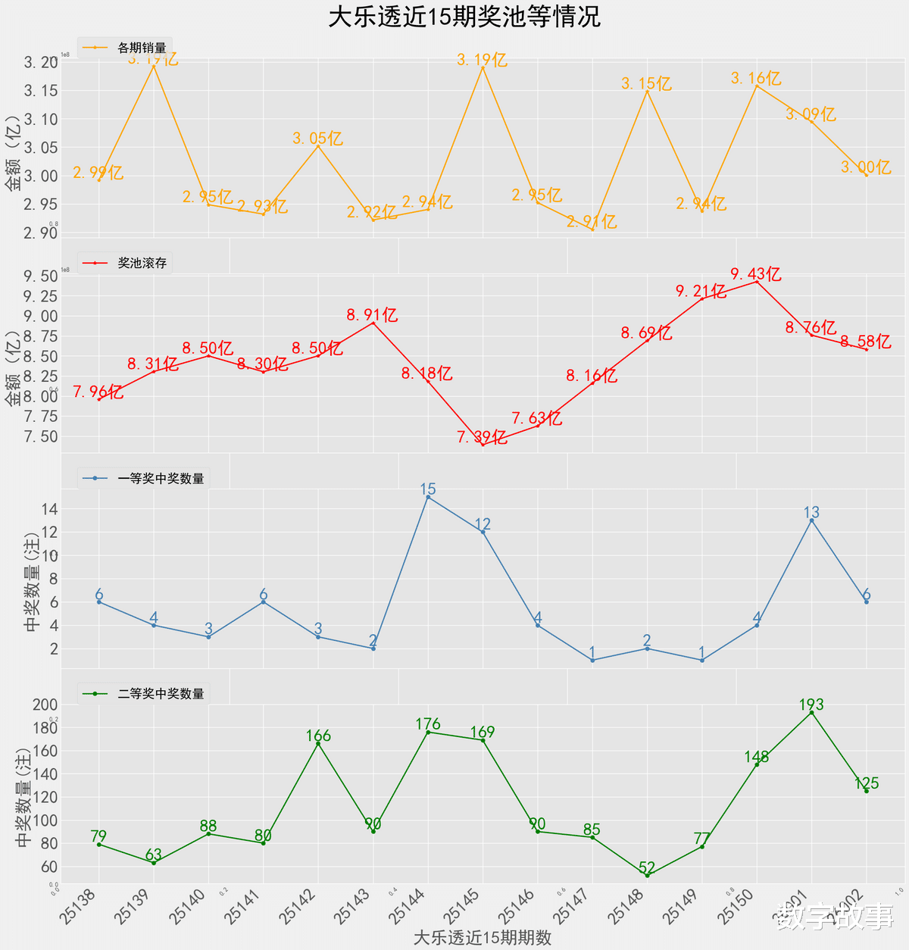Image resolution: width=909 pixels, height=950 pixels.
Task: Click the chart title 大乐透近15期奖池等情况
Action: [464, 17]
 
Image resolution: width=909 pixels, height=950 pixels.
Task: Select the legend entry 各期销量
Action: [142, 48]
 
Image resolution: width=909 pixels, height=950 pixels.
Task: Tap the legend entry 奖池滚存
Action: [142, 264]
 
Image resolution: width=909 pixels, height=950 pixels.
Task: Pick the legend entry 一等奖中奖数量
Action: [161, 479]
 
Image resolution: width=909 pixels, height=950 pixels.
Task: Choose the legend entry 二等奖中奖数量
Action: [161, 694]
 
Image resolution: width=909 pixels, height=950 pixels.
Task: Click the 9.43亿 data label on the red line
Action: [756, 274]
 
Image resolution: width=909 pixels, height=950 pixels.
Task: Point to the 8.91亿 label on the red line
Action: [372, 315]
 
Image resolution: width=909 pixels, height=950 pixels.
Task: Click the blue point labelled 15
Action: [428, 497]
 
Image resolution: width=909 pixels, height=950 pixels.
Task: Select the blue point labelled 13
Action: [811, 520]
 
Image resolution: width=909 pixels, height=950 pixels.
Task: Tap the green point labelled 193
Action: [811, 713]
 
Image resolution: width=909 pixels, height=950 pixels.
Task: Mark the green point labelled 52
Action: [647, 875]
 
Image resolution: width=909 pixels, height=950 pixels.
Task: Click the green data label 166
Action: [318, 736]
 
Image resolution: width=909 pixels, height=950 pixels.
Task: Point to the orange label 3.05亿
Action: [317, 139]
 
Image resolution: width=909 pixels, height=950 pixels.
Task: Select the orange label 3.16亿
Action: [756, 78]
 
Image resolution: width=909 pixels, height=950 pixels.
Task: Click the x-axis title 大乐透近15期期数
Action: [483, 938]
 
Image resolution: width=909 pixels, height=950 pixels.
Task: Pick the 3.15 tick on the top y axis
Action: [41, 91]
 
